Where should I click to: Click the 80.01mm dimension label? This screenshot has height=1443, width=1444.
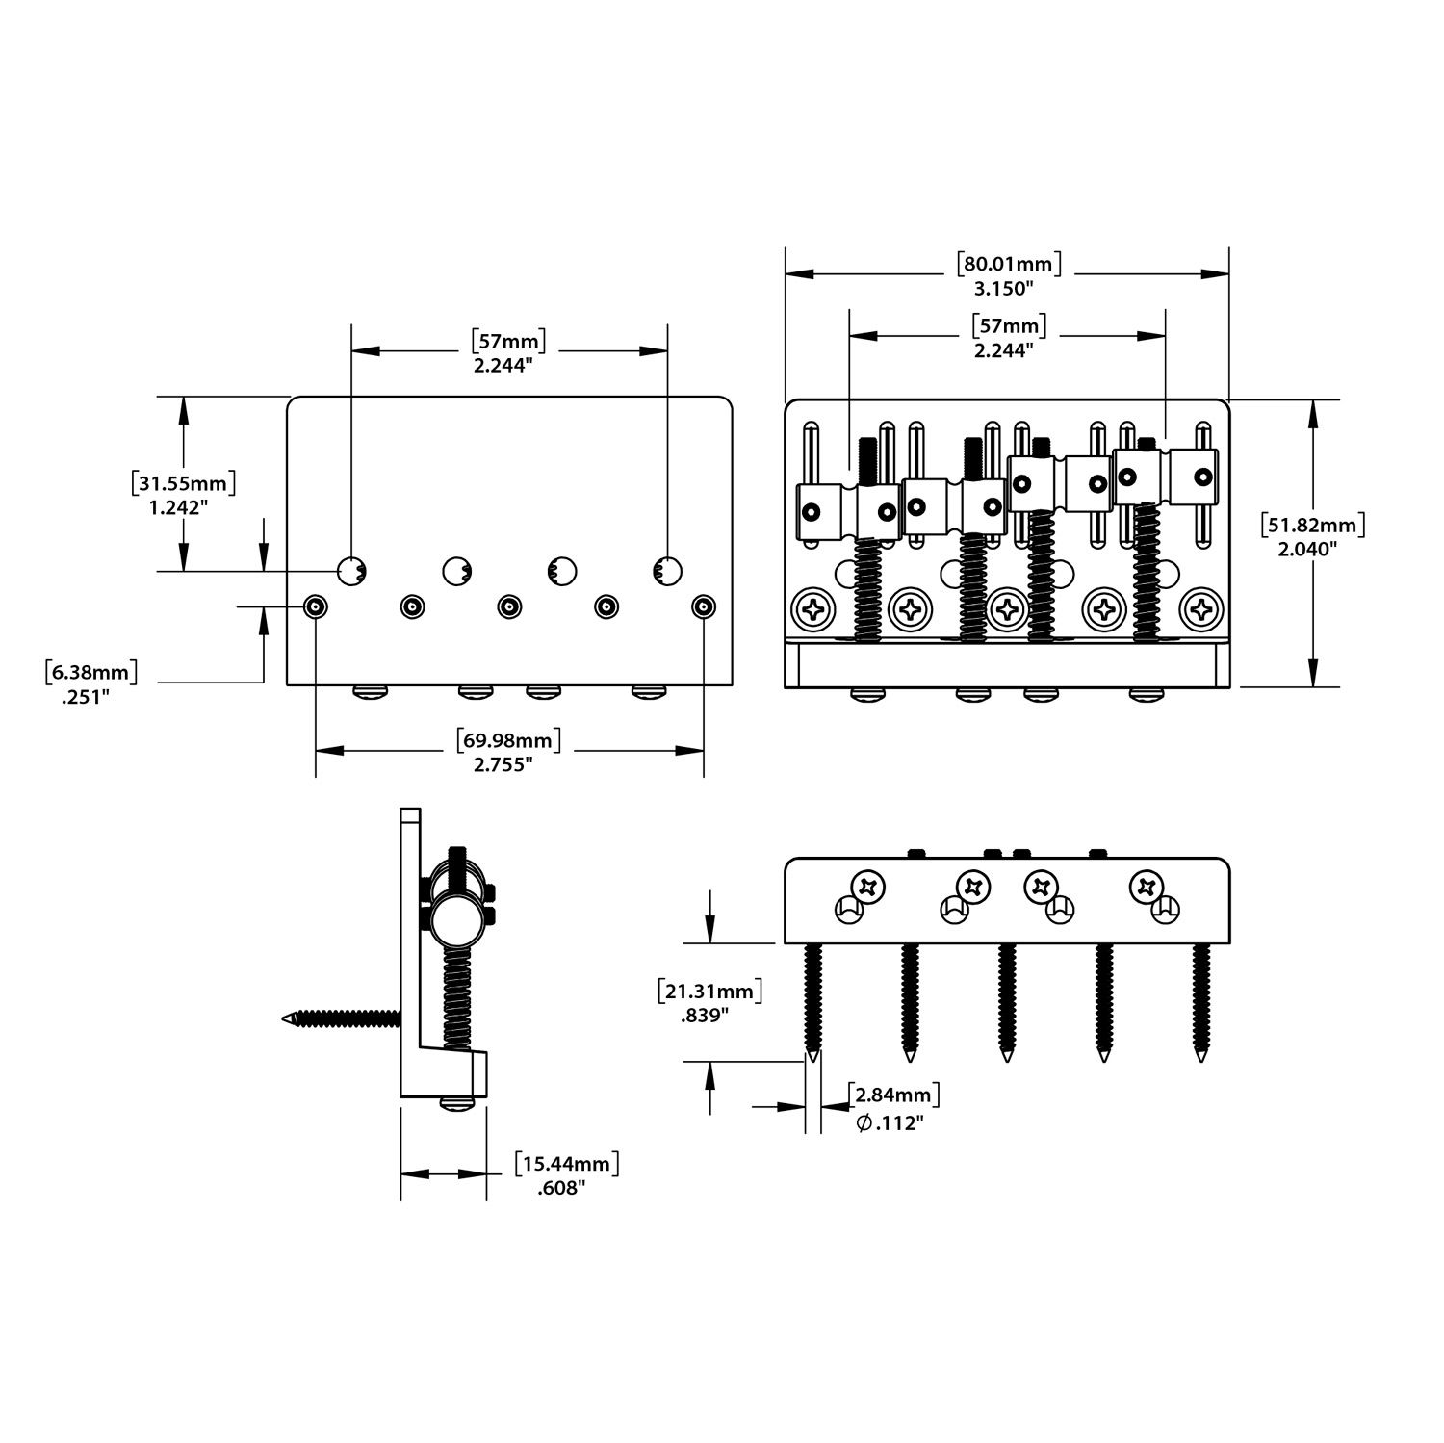pos(1009,263)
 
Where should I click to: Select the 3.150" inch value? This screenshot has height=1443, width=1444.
pos(1003,288)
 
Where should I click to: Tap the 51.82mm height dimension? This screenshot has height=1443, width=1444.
pos(1314,525)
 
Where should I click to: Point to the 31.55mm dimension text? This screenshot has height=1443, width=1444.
pos(184,482)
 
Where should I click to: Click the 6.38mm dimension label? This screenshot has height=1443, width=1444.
pos(91,672)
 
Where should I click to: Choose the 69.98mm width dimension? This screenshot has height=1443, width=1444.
pos(507,740)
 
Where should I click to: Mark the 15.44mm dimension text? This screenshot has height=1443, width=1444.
pos(566,1163)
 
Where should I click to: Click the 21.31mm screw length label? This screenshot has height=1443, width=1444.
pos(709,991)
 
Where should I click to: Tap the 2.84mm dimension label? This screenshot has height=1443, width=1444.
pos(893,1095)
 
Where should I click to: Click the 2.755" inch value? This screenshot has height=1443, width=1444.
pos(503,764)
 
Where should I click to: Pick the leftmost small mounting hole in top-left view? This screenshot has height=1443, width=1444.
pos(316,606)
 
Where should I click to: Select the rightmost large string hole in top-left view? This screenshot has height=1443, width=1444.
pos(667,571)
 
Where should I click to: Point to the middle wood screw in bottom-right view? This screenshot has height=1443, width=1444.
pos(1007,1001)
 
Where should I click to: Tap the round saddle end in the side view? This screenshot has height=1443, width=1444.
pos(454,921)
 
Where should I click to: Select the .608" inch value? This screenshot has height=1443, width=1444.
pos(561,1189)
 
